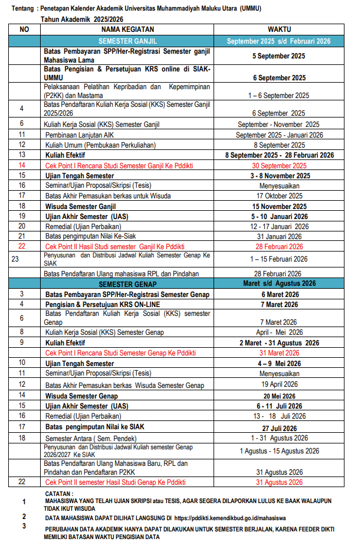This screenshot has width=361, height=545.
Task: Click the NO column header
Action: point(24,29)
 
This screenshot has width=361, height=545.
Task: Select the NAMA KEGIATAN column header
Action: point(127,29)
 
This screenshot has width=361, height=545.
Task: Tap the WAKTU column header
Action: point(279,29)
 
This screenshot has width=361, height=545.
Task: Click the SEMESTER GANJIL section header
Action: point(127,41)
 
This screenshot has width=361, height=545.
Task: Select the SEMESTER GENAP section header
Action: point(127,283)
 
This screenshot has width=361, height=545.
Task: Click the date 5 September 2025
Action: point(279,56)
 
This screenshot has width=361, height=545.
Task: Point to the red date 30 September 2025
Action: point(279,166)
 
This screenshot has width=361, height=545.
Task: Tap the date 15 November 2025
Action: point(279,206)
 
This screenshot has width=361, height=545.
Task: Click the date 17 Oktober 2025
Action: point(279,196)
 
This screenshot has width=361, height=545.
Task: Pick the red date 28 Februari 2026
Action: point(279,246)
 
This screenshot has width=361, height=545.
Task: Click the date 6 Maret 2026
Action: point(279,294)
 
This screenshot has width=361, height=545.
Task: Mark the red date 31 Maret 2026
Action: point(279,353)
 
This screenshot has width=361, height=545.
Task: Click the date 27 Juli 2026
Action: point(279,427)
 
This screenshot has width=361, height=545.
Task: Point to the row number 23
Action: point(15,259)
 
